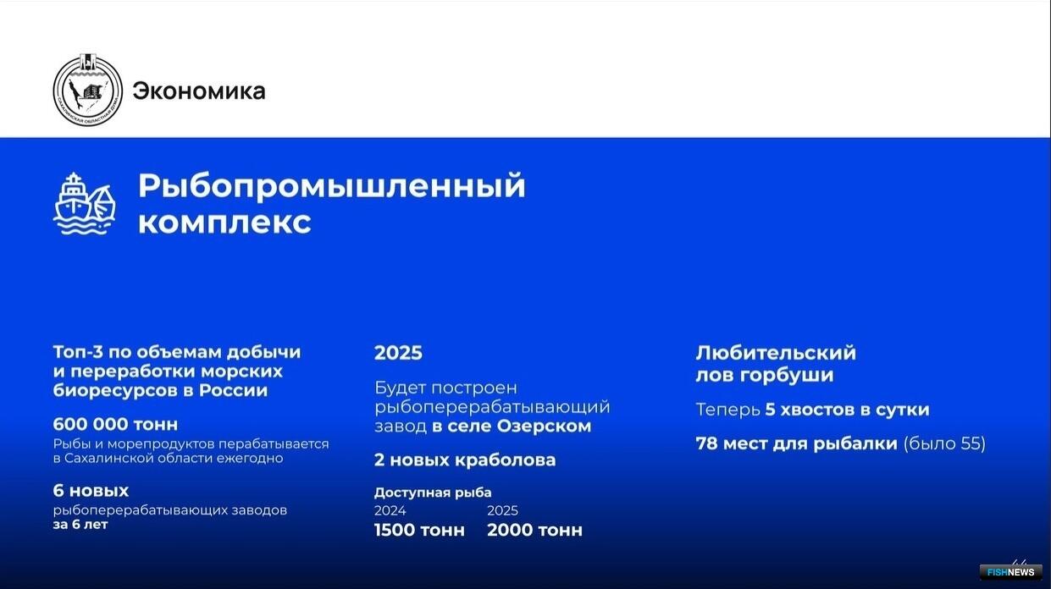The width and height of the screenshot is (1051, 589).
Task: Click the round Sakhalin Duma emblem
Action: pyautogui.click(x=88, y=90)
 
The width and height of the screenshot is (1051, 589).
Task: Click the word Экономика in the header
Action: pyautogui.click(x=199, y=91)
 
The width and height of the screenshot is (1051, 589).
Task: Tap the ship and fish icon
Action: pyautogui.click(x=85, y=203)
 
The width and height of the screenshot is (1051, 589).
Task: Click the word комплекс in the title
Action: pyautogui.click(x=224, y=222)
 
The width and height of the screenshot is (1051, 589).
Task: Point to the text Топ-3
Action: pyautogui.click(x=79, y=352)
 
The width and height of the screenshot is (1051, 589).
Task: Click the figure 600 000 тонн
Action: pyautogui.click(x=115, y=424)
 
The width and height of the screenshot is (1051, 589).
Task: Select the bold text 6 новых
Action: pyautogui.click(x=91, y=491)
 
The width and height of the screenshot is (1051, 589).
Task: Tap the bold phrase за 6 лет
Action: pyautogui.click(x=80, y=525)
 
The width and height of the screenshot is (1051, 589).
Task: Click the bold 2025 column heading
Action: pyautogui.click(x=398, y=353)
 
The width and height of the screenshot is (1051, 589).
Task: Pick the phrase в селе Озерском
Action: pyautogui.click(x=512, y=427)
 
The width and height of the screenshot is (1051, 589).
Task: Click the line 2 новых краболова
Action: pyautogui.click(x=465, y=460)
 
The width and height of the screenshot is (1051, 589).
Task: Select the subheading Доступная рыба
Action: pyautogui.click(x=433, y=493)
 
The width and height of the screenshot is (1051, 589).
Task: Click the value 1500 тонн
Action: pyautogui.click(x=419, y=530)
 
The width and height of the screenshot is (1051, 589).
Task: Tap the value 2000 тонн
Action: pyautogui.click(x=534, y=530)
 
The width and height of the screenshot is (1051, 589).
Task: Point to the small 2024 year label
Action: pyautogui.click(x=390, y=510)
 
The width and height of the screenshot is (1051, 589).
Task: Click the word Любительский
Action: pyautogui.click(x=776, y=353)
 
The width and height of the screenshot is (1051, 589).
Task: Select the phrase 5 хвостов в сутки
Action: pyautogui.click(x=848, y=410)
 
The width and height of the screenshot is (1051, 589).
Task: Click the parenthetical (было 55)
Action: pyautogui.click(x=944, y=443)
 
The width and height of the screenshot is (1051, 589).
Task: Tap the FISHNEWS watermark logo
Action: pyautogui.click(x=1010, y=572)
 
